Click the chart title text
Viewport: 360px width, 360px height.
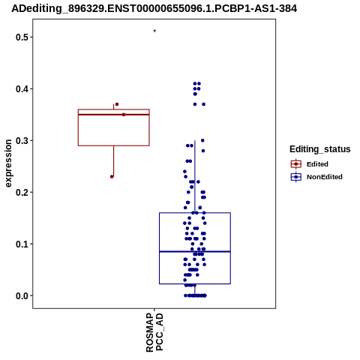click(x=154, y=8)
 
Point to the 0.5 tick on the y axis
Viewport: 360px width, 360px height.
click(x=31, y=37)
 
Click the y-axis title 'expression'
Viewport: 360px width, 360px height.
click(x=8, y=163)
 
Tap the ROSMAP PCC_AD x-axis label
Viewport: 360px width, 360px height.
click(x=154, y=332)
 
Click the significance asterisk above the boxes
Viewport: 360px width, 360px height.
click(x=154, y=31)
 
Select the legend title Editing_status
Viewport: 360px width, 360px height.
click(x=320, y=149)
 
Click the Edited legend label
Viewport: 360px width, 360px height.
click(x=317, y=164)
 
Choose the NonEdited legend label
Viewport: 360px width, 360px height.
click(x=325, y=177)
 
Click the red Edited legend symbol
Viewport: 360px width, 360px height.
click(x=296, y=164)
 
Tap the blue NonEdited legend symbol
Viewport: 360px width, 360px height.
click(x=296, y=177)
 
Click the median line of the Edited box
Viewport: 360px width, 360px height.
click(x=114, y=115)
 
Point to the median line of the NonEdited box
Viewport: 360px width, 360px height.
click(x=195, y=251)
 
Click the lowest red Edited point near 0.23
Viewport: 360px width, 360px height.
click(x=112, y=177)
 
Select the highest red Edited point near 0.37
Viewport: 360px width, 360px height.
click(x=117, y=104)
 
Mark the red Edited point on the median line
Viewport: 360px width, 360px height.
click(x=124, y=115)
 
